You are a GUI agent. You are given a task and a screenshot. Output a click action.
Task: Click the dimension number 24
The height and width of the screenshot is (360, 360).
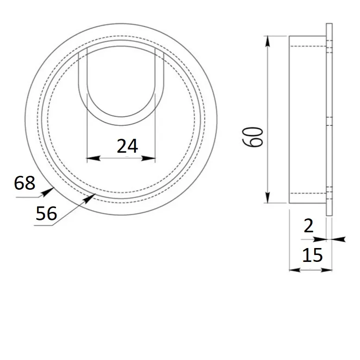pyautogui.click(x=127, y=146)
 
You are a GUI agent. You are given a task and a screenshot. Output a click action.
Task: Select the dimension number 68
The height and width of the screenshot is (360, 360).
pyautogui.click(x=25, y=183)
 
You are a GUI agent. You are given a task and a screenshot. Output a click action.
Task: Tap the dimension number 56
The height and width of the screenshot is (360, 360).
pyautogui.click(x=46, y=213)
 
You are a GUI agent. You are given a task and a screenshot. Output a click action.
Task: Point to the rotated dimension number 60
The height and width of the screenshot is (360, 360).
pyautogui.click(x=253, y=137)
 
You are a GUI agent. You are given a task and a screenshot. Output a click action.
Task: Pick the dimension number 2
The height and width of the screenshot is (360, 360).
pyautogui.click(x=308, y=226)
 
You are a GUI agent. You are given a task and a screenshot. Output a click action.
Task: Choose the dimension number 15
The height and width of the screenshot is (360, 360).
pyautogui.click(x=312, y=255)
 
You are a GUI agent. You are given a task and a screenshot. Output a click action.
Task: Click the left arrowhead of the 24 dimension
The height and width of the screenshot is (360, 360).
pyautogui.click(x=93, y=158)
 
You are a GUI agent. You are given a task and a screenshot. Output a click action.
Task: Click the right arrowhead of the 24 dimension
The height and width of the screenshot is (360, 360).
pyautogui.click(x=149, y=158)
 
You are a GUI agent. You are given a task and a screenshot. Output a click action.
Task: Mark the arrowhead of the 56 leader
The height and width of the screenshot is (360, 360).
pyautogui.click(x=89, y=199)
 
